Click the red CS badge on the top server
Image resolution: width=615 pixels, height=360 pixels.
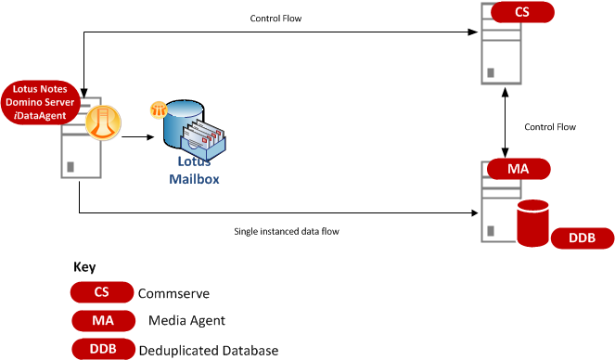tap(522, 12)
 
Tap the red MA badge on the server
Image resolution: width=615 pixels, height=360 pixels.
tap(519, 169)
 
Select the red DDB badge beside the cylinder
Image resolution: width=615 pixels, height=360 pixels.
tap(583, 238)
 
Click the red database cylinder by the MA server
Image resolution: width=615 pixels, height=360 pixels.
tap(532, 223)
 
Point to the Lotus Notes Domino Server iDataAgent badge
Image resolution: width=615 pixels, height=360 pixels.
tap(40, 102)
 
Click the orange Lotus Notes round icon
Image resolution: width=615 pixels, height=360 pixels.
tap(103, 122)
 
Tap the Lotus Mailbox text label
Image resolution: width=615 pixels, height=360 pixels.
tap(194, 170)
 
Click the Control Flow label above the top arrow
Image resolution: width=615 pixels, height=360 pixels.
tap(275, 19)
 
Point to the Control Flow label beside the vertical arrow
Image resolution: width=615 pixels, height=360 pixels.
tap(550, 127)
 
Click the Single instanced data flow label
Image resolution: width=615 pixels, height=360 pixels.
tap(287, 231)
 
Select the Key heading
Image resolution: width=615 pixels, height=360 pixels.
tap(84, 267)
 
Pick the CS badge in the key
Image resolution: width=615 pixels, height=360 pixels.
tap(102, 292)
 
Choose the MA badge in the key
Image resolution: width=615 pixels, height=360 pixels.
tap(103, 320)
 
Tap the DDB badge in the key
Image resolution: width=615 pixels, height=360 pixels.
tap(103, 349)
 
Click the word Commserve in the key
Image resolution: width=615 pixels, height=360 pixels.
tap(173, 293)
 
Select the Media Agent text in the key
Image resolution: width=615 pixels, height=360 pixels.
tap(186, 321)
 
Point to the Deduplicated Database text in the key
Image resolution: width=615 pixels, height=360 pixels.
tap(209, 350)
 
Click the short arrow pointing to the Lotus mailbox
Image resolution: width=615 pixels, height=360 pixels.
tap(137, 137)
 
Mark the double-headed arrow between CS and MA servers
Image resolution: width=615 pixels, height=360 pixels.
tap(506, 122)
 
